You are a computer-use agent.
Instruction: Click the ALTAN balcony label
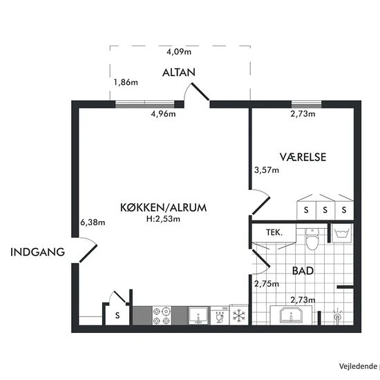pos(179,73)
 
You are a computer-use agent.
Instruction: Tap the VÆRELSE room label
pos(303,157)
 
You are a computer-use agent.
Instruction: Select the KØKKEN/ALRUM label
pos(163,208)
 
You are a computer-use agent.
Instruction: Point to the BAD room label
pos(303,271)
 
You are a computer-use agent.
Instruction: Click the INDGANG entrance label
pos(37,252)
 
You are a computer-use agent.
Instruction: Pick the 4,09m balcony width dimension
pos(179,52)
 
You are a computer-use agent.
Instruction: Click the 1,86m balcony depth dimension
pos(126,82)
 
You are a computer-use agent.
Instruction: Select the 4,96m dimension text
pos(163,113)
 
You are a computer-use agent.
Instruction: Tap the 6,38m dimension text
pos(93,222)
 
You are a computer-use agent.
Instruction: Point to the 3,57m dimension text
pos(267,170)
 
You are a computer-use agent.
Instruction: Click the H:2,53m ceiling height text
pos(163,219)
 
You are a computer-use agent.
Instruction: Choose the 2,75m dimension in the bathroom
pos(267,283)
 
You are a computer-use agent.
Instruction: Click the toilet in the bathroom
pos(312,239)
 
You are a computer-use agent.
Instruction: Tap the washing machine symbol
pos(342,233)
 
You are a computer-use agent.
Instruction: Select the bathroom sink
pos(291,315)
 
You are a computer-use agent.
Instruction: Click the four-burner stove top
pos(162,315)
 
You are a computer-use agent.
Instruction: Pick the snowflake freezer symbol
pos(239,315)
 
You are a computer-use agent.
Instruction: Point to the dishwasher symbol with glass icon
pos(220,315)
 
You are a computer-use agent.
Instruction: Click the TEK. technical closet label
pos(274,233)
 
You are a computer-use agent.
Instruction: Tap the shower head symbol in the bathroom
pos(337,316)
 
